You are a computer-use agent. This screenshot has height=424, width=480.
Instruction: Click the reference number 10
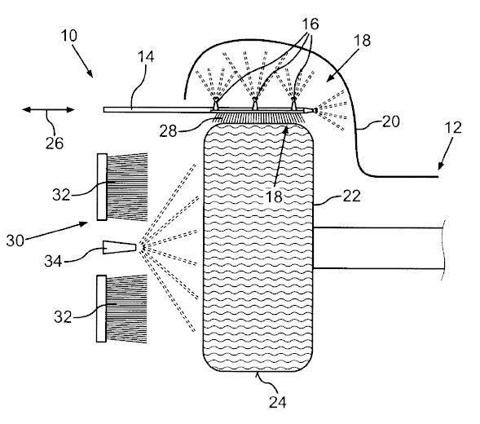point(69,36)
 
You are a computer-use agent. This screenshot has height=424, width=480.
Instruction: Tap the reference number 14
point(146,57)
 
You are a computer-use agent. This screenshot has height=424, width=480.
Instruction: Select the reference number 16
point(310,24)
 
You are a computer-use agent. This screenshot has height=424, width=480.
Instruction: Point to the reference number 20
point(391,121)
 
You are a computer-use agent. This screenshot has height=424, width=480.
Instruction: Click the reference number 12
point(453,127)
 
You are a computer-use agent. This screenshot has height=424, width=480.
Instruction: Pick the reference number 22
point(351,196)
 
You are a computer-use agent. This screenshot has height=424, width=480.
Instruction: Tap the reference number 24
point(278,402)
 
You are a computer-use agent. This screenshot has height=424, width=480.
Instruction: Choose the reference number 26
point(55,143)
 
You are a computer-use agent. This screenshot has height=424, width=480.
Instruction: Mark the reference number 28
point(168,131)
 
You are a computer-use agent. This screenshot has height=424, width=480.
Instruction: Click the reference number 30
point(15,241)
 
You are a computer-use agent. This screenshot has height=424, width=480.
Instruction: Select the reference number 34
point(53,261)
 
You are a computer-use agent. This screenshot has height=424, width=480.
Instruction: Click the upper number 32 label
point(61,195)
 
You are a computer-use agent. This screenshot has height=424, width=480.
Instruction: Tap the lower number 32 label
point(63,316)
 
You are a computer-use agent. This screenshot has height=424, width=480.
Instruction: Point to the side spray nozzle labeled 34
point(119,247)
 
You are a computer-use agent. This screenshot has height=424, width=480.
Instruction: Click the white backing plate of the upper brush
point(102,187)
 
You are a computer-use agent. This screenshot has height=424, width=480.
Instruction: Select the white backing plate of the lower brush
point(101,308)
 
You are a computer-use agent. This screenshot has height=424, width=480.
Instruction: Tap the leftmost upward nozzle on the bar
point(216,104)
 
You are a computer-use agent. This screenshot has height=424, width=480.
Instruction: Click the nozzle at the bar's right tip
point(315,110)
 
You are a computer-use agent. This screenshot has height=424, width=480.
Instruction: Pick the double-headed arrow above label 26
point(48,110)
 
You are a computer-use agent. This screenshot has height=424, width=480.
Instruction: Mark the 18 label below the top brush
point(274,197)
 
